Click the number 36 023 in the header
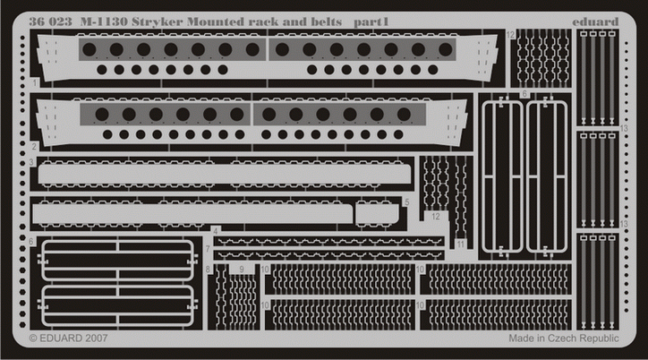(50, 21)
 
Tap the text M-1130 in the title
(104, 21)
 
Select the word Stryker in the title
(158, 22)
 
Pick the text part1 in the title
(371, 22)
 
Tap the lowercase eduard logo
(595, 21)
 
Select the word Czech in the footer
(562, 339)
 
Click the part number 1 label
(35, 83)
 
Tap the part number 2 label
(34, 146)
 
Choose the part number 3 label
(31, 162)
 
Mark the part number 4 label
(216, 231)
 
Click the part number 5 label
(407, 202)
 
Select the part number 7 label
(208, 249)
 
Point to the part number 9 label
(242, 270)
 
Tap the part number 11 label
(460, 244)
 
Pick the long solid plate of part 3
(225, 174)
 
